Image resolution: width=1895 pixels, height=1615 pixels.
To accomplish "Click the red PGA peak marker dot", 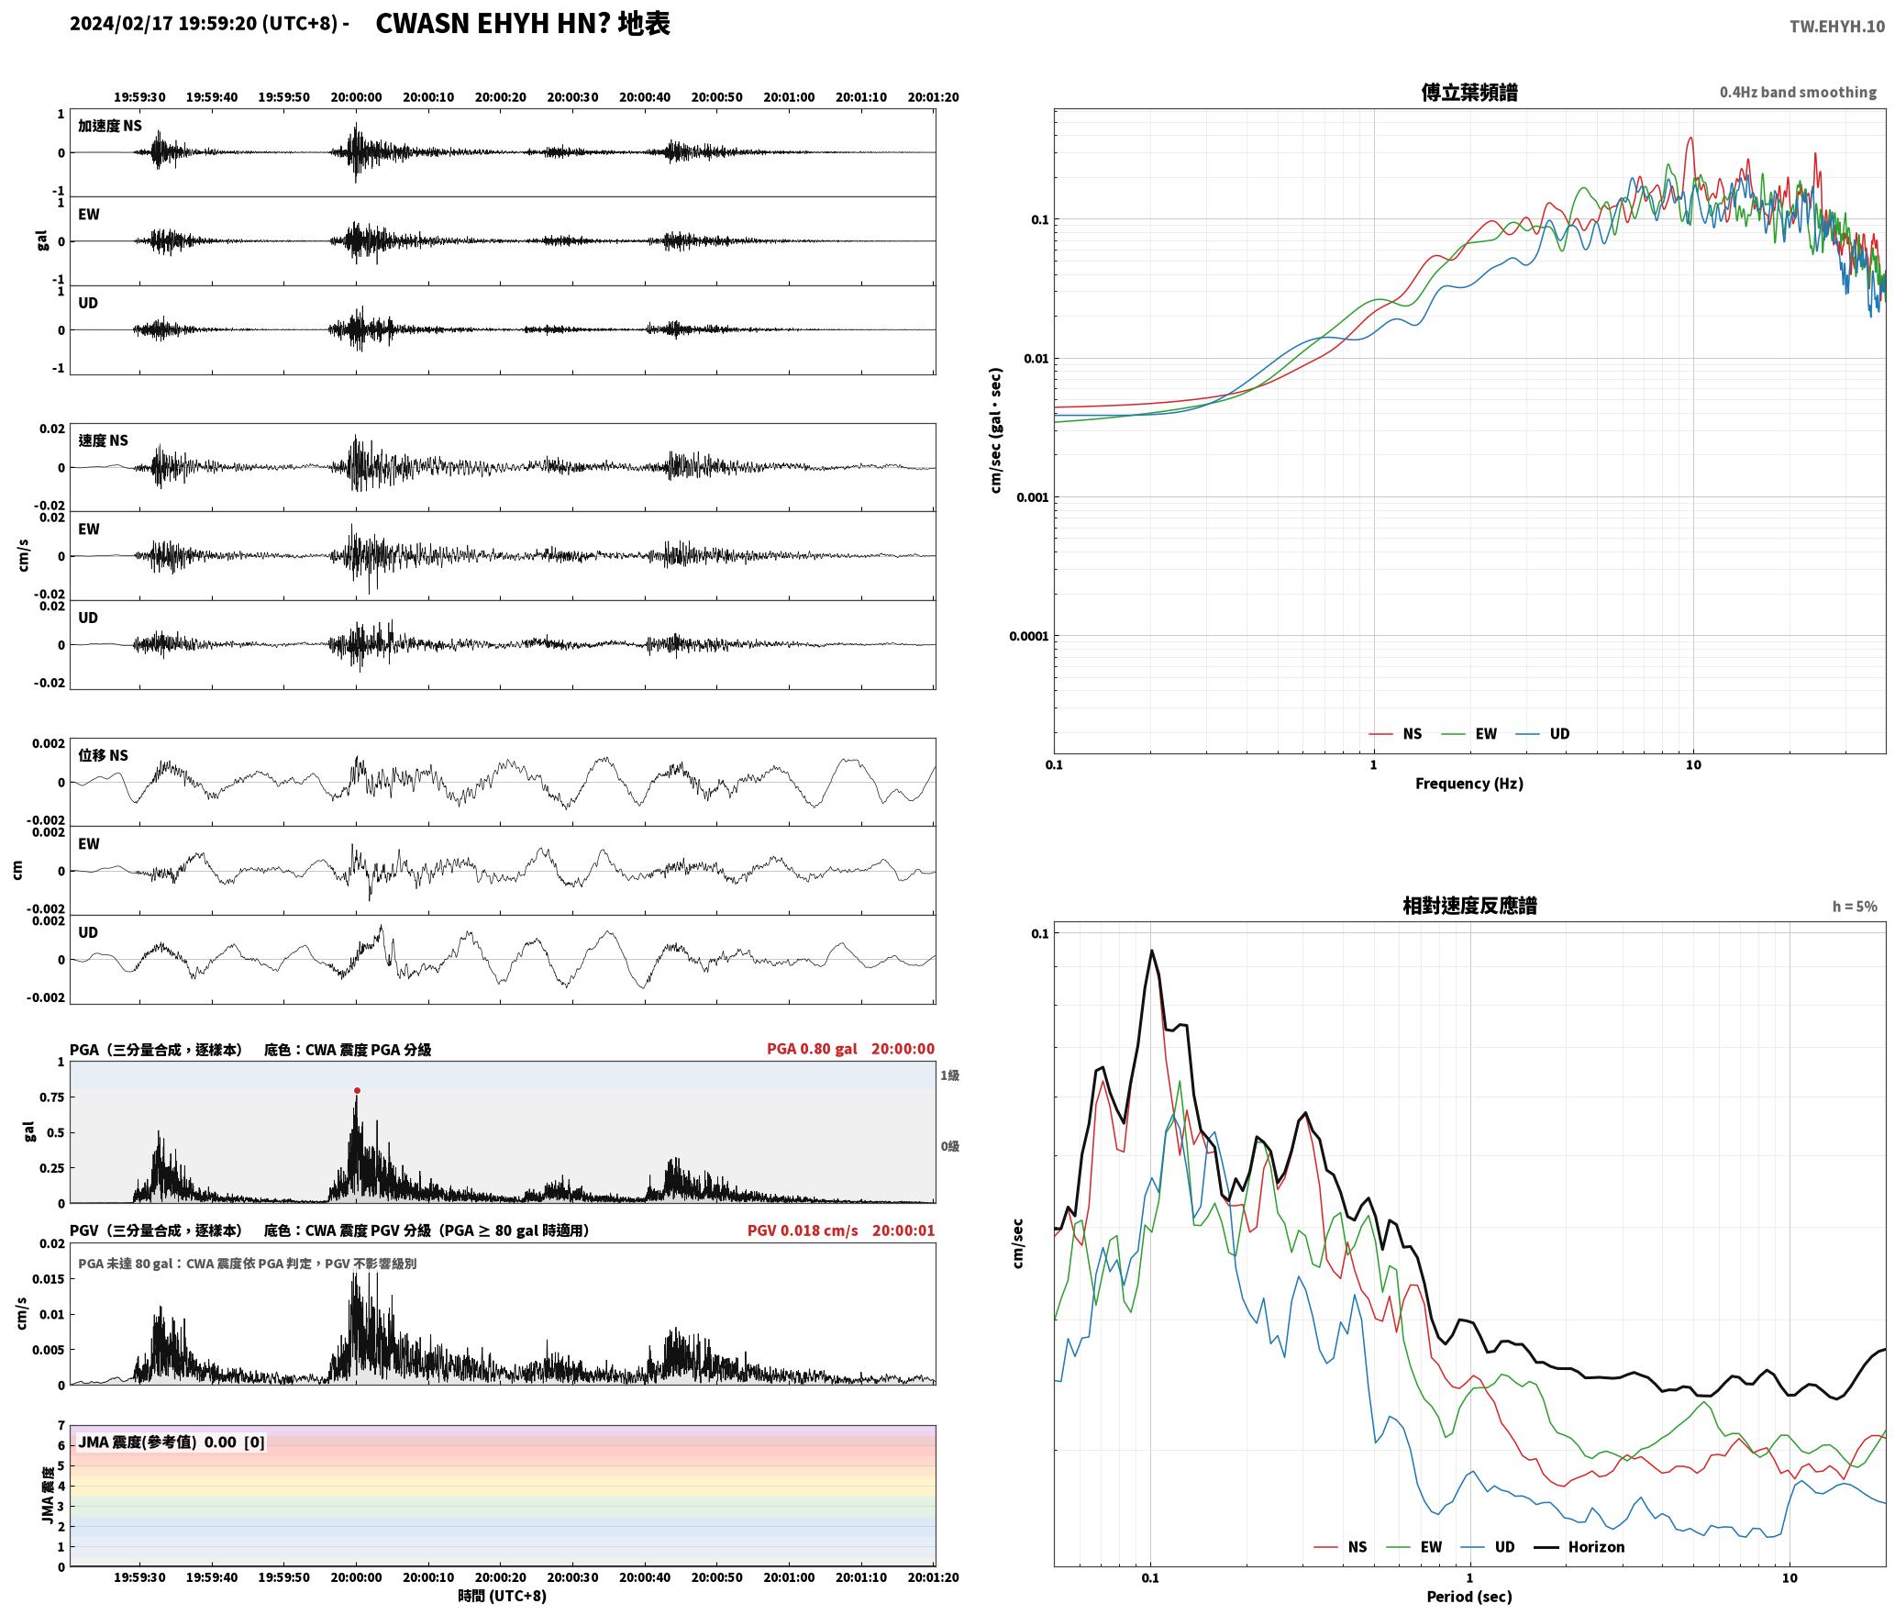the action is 357,1090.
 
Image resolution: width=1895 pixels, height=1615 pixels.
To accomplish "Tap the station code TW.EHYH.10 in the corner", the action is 1836,26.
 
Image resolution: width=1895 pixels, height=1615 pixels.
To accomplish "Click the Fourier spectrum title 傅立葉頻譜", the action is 1468,92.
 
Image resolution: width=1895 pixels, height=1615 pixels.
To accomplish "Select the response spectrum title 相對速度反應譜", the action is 1469,906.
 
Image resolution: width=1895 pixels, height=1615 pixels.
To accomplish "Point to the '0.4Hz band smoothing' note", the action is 1798,92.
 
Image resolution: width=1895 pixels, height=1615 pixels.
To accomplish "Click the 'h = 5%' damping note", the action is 1855,907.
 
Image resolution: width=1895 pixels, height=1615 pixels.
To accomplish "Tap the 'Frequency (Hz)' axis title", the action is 1468,783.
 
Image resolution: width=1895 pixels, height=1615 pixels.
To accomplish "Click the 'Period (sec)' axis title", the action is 1468,1597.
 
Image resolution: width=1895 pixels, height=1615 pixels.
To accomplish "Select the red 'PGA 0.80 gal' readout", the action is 812,1049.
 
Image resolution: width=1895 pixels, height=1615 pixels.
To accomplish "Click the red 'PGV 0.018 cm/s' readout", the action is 803,1231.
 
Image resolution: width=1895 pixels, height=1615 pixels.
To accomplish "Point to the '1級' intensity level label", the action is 949,1075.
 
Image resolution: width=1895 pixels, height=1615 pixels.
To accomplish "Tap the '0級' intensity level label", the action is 949,1146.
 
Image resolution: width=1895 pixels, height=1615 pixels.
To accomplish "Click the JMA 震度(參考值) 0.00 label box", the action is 172,1442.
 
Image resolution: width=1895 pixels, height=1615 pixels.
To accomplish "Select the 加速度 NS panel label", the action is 110,126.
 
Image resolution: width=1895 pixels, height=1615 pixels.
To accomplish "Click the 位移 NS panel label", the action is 104,755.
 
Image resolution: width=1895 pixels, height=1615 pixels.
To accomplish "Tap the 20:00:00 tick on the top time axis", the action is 356,97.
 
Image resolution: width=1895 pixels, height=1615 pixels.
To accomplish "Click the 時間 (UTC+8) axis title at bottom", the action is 503,1596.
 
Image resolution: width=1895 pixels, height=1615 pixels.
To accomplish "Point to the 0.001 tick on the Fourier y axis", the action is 1032,497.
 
